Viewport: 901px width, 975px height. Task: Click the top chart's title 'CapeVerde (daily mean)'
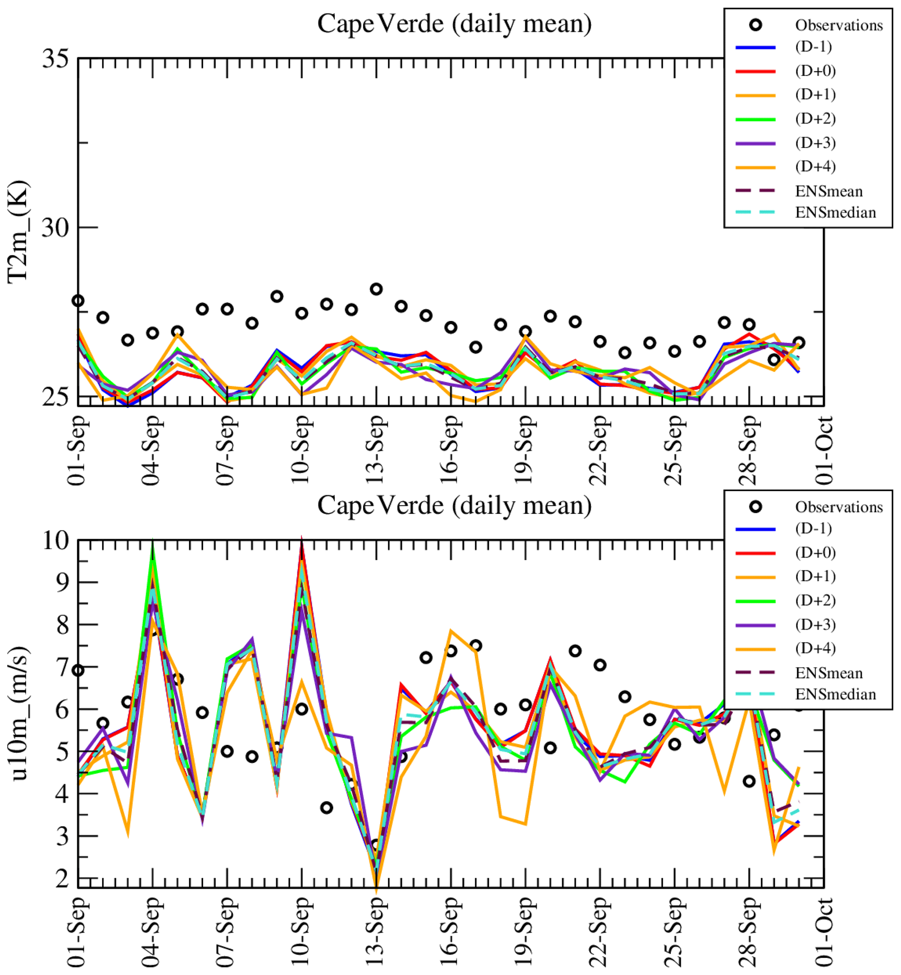(x=454, y=24)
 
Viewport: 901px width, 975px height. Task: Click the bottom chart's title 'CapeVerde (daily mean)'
(x=454, y=506)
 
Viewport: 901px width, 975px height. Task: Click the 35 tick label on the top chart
(x=55, y=59)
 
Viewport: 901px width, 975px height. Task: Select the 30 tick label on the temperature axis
(x=55, y=227)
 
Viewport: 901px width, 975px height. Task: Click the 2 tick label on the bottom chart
(x=62, y=879)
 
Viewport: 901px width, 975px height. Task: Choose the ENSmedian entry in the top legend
(x=835, y=213)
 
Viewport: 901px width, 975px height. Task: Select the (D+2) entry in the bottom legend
(x=815, y=601)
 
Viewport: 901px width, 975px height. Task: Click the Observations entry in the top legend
(x=839, y=25)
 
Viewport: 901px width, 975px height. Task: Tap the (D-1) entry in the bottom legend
(x=813, y=528)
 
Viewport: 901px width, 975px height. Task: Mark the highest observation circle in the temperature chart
(x=376, y=289)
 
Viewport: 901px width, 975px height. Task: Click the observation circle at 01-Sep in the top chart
(x=78, y=301)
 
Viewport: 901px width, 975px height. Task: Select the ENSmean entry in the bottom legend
(x=829, y=673)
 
